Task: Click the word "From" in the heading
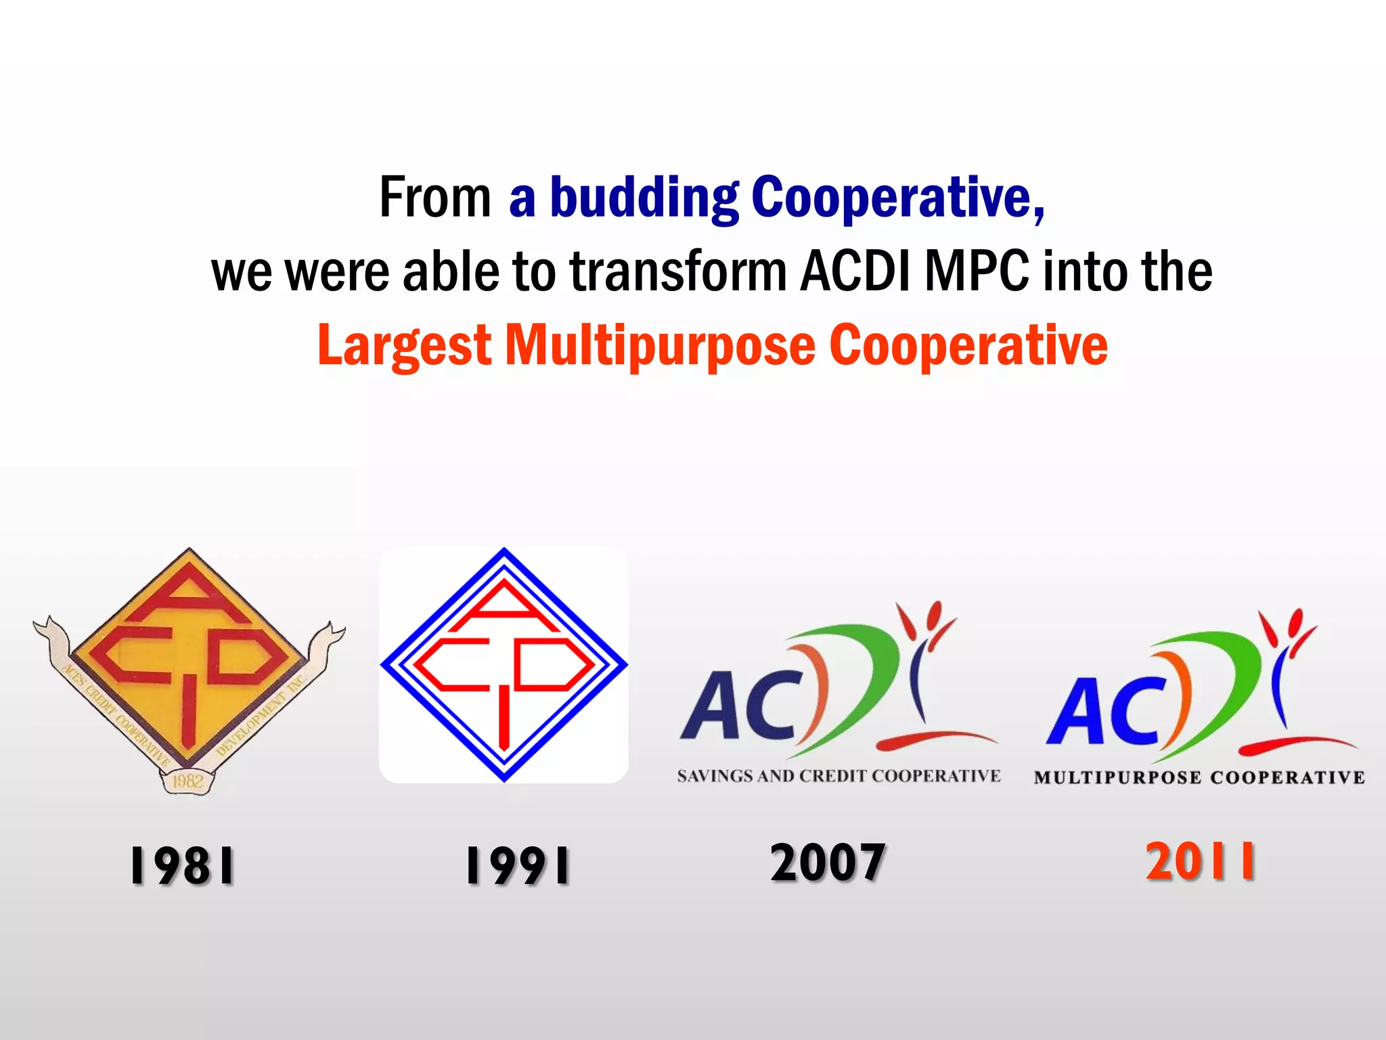click(x=435, y=197)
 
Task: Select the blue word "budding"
click(x=644, y=197)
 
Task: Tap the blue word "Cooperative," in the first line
click(x=898, y=197)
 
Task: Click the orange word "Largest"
click(x=404, y=346)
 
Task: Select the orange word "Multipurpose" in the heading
click(x=661, y=346)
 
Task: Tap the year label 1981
click(x=182, y=866)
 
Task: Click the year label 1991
click(x=518, y=866)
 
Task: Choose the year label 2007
click(x=828, y=862)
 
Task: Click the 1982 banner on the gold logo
click(x=187, y=781)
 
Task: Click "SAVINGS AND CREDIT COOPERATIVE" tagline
click(x=839, y=776)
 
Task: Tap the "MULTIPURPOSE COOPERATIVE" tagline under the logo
click(x=1199, y=777)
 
